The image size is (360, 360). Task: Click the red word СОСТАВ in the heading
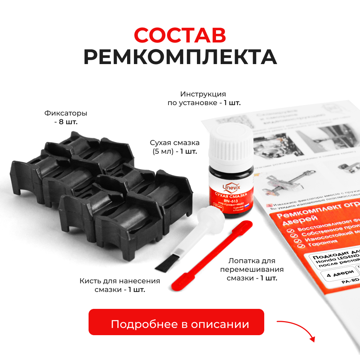pos(180,35)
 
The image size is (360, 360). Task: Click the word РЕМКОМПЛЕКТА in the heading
pos(180,57)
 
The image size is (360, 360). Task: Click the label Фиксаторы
pos(66,113)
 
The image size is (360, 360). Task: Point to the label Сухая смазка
pos(175,143)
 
